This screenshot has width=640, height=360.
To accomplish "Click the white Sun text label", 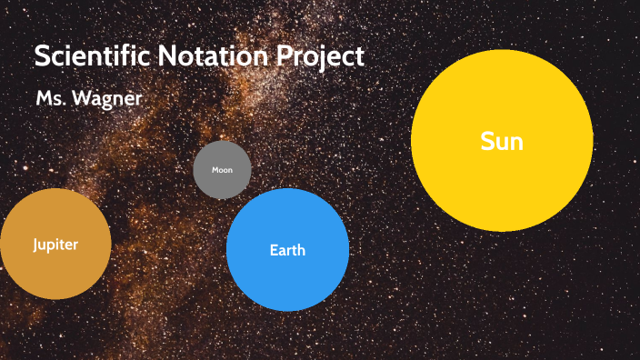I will tap(502, 141).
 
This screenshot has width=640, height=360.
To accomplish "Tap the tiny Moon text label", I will tap(222, 170).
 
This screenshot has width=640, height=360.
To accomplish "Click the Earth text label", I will tap(287, 250).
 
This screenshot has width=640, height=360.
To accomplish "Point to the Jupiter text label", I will tap(55, 245).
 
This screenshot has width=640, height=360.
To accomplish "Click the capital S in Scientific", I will tap(42, 56).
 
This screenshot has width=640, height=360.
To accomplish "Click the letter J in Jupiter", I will tap(35, 245).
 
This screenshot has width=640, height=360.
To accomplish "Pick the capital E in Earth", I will tap(274, 250).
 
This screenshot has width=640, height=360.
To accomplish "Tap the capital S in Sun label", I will tap(487, 141).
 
